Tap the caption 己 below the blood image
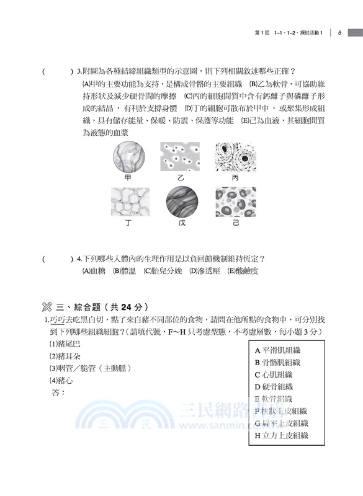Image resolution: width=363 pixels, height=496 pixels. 235,223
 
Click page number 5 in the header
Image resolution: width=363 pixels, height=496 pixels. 340,33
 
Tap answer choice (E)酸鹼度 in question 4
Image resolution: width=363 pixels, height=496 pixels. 243,271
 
